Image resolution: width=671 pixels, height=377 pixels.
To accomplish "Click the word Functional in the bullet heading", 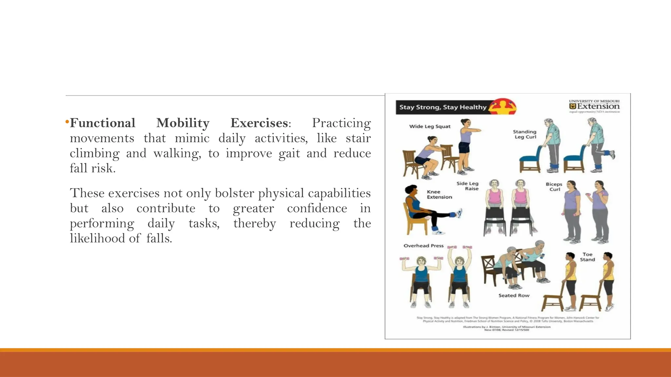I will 103,123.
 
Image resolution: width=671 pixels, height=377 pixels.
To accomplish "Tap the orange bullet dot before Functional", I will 67,122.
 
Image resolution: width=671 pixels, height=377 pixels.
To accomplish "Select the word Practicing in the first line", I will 341,123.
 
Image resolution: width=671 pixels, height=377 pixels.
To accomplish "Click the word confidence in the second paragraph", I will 317,208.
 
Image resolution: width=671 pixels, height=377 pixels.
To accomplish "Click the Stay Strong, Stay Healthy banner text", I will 443,107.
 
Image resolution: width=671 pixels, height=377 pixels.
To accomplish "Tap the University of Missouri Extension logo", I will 594,106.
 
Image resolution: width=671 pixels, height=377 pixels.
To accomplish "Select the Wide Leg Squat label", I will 430,126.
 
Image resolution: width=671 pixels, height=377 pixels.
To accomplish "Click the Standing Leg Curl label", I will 525,134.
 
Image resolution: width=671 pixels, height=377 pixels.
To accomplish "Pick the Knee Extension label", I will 439,194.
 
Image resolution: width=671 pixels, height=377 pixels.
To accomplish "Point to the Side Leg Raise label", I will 468,186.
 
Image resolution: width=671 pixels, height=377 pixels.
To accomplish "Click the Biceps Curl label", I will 554,187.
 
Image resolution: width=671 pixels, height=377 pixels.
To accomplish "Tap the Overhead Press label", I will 423,245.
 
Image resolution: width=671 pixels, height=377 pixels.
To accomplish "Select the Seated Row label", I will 514,295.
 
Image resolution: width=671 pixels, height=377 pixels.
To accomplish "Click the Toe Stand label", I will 587,257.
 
